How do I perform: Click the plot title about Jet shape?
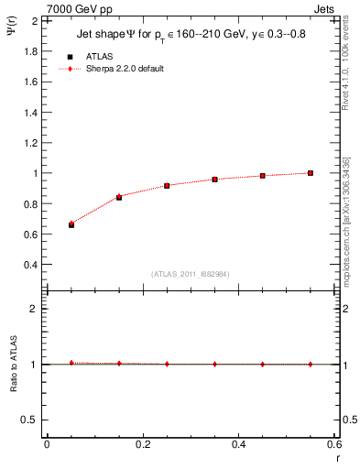pyautogui.click(x=190, y=37)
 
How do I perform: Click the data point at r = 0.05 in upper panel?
pyautogui.click(x=71, y=224)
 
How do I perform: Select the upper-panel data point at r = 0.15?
pyautogui.click(x=119, y=197)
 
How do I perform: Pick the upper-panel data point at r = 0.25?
pyautogui.click(x=167, y=185)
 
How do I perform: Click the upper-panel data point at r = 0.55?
pyautogui.click(x=311, y=172)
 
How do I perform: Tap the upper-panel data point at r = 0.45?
pyautogui.click(x=263, y=175)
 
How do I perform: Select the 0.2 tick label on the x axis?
pyautogui.click(x=142, y=444)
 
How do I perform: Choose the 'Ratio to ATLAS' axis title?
pyautogui.click(x=13, y=364)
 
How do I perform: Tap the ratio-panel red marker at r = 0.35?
pyautogui.click(x=214, y=364)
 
